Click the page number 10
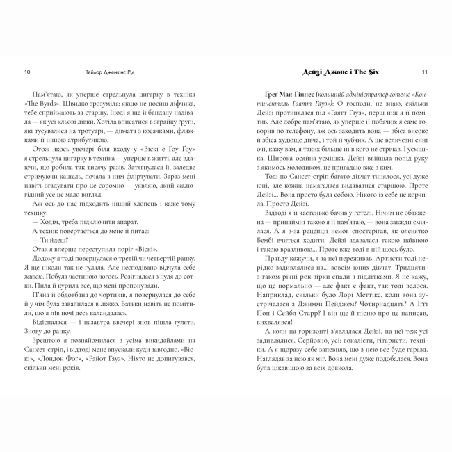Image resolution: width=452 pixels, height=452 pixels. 26,72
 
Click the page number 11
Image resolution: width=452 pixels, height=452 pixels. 425,72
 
